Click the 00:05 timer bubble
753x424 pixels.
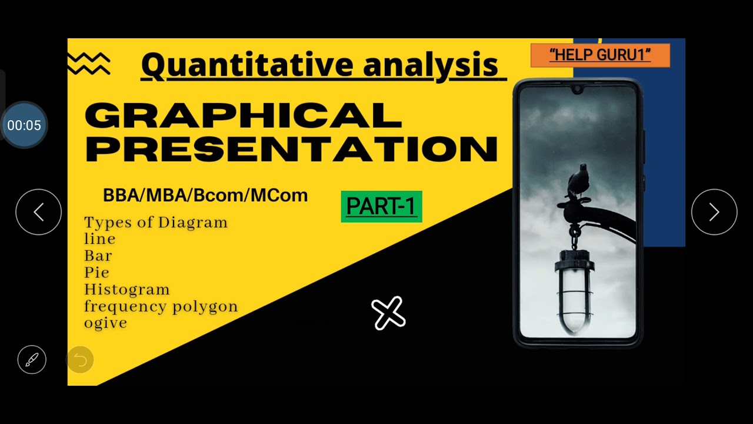pos(24,125)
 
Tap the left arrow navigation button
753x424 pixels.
pos(38,212)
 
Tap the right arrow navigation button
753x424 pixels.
pos(714,212)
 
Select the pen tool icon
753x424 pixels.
pos(32,359)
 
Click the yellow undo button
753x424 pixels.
pos(80,359)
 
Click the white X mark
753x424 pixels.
pos(388,313)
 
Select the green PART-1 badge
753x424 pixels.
pos(381,206)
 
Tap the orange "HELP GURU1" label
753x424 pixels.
pos(600,55)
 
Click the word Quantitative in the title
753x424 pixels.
pos(247,65)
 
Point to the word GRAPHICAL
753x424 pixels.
pos(244,115)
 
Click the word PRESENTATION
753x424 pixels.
pos(292,149)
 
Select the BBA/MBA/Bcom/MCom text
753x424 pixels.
pos(205,196)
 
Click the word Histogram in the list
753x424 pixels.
pos(126,290)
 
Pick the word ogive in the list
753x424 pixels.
pos(105,323)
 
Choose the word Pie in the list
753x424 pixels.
pos(96,273)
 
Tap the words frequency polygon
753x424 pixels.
pos(161,306)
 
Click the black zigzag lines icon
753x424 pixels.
pos(89,64)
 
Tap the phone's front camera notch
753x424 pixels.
pos(577,90)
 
